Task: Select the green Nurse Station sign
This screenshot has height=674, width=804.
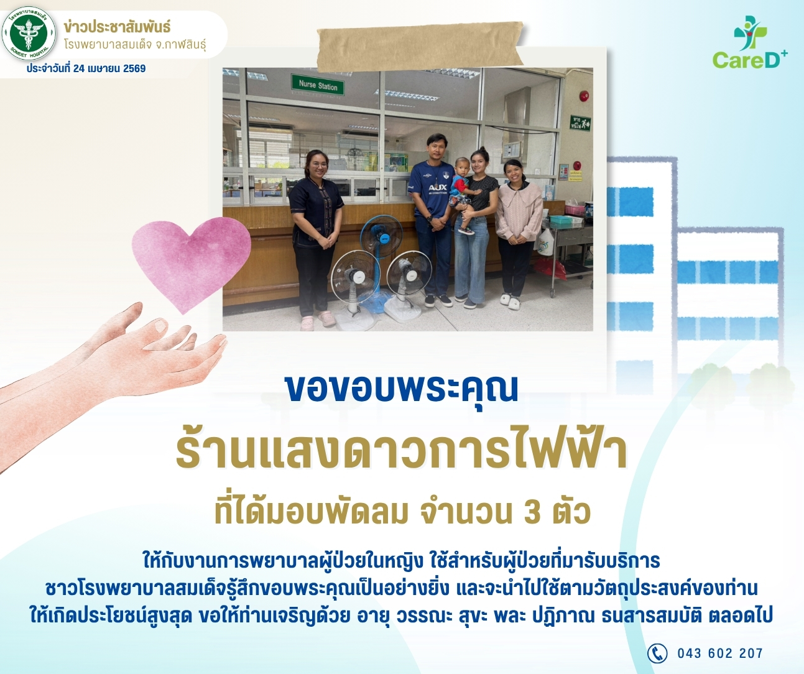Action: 318,85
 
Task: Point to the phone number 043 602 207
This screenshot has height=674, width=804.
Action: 720,653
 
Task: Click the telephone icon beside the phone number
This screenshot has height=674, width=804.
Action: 657,653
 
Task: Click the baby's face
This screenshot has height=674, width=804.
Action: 461,167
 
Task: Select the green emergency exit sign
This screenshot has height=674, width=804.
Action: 580,123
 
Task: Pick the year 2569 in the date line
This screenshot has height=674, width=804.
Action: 134,68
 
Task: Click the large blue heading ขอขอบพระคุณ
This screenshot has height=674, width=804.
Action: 402,389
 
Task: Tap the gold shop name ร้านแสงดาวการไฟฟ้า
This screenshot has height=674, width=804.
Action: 402,455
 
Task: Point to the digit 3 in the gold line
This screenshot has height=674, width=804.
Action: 532,512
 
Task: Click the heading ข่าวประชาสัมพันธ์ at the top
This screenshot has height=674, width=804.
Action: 117,27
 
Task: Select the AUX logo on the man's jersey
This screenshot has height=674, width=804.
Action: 438,188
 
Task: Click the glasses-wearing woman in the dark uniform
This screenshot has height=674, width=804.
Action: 316,239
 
